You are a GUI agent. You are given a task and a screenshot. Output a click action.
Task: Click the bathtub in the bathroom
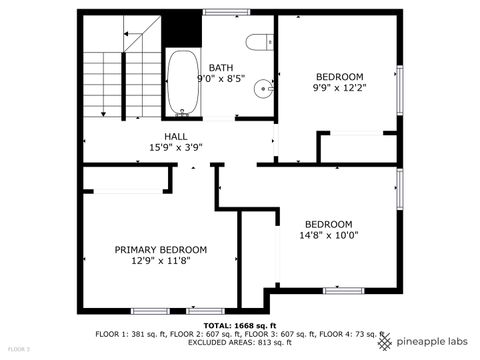(181, 82)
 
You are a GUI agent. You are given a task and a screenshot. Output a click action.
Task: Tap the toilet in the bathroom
(259, 42)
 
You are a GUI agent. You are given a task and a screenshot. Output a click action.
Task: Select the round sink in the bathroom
(265, 88)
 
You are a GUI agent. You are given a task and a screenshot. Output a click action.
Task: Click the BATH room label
(220, 68)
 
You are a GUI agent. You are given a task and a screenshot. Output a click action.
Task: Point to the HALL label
(176, 137)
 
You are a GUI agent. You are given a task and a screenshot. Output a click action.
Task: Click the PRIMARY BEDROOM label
(160, 250)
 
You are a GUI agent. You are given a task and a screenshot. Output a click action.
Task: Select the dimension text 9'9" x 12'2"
(339, 88)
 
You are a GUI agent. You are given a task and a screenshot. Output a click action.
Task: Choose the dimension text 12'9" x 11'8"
(160, 261)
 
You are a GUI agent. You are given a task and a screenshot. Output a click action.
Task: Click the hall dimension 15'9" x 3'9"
(176, 148)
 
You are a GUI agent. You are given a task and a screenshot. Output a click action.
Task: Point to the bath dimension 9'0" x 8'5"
(220, 79)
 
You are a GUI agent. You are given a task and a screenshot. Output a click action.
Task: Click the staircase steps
(110, 75)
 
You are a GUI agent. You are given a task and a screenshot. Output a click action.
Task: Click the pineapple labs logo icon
(384, 341)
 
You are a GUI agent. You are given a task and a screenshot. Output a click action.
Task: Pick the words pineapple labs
(430, 342)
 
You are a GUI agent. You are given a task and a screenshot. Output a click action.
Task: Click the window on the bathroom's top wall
(226, 12)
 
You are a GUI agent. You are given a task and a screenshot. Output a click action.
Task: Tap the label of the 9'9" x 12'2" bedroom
(339, 77)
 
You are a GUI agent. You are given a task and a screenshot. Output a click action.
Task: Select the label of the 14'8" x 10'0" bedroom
(329, 224)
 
